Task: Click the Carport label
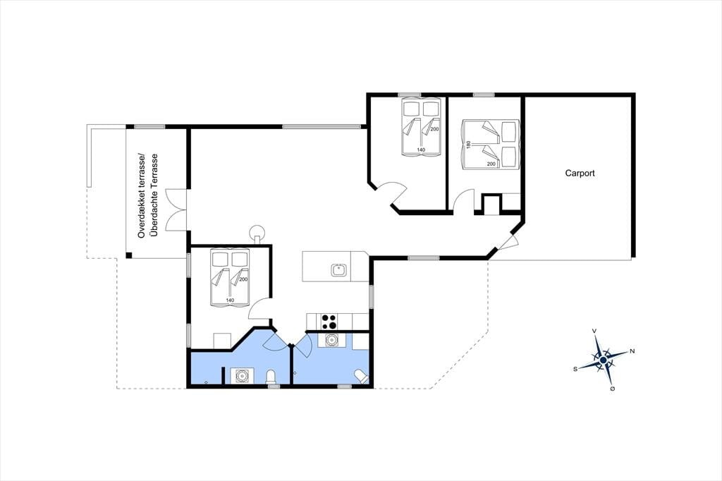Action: pos(580,173)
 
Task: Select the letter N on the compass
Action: pos(632,351)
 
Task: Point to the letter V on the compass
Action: pos(594,331)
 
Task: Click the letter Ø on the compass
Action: pos(613,389)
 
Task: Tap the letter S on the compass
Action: pos(575,369)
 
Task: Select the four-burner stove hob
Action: pos(329,321)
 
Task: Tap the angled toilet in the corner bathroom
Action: pos(361,377)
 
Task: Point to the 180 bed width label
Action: pos(469,145)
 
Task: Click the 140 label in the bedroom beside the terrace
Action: pos(230,300)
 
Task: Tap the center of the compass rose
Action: pos(604,360)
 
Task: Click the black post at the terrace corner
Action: pos(129,255)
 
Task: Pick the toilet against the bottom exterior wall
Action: pos(271,377)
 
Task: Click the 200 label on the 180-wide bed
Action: pos(491,164)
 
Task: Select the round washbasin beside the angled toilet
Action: pos(331,340)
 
